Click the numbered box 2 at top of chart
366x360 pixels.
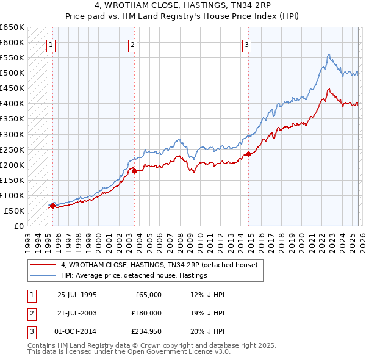[132, 44]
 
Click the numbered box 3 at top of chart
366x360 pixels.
[247, 44]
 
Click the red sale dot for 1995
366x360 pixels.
[52, 206]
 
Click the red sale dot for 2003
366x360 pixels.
[134, 171]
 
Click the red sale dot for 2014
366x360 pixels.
[248, 154]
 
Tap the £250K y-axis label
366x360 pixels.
[12, 149]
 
